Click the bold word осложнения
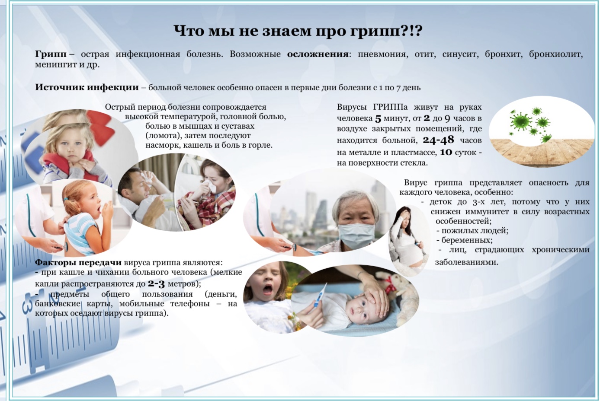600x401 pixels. tap(318, 54)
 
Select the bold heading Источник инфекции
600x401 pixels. tap(87, 87)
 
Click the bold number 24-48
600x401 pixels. tap(439, 140)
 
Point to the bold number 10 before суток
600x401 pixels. tap(446, 152)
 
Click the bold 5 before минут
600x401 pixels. tap(378, 118)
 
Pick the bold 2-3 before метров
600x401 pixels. tap(156, 283)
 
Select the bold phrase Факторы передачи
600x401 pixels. tap(78, 262)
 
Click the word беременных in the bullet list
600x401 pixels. tap(467, 240)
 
